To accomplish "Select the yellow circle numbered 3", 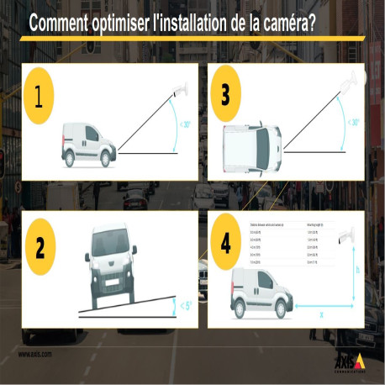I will pos(224,93).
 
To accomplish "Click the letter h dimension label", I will pos(358,271).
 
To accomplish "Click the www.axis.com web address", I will pos(34,354).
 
